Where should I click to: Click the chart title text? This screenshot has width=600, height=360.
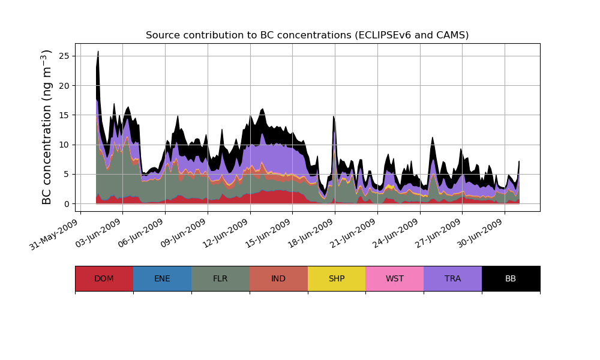307,35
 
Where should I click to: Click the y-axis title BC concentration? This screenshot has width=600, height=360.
47,127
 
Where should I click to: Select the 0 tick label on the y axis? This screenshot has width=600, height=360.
67,203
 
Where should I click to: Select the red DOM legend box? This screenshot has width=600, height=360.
104,278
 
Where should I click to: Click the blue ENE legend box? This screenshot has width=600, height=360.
162,278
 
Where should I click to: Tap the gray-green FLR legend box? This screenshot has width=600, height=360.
220,278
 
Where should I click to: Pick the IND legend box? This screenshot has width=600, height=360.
278,278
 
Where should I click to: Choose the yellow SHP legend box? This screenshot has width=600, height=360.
337,278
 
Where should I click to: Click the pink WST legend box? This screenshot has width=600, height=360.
395,278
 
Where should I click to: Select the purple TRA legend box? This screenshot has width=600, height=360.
453,278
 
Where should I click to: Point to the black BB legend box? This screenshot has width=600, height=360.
511,278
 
